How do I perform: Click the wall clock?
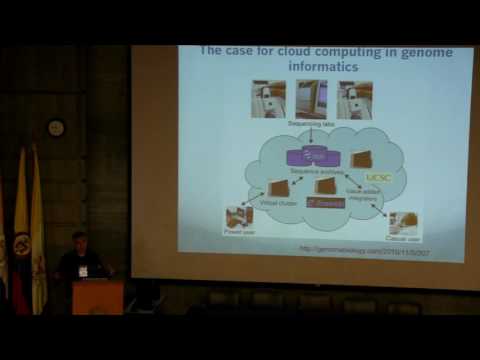point(57,128)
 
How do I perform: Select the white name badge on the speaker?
point(83,270)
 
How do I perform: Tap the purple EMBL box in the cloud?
point(311,156)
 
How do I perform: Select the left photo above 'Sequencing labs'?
point(268,100)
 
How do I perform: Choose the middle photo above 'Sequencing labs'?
point(311,100)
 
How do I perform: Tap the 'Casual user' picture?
point(404,223)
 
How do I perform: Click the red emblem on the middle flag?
point(22,242)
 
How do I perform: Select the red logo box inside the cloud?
point(325,203)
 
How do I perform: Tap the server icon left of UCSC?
point(362,158)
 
